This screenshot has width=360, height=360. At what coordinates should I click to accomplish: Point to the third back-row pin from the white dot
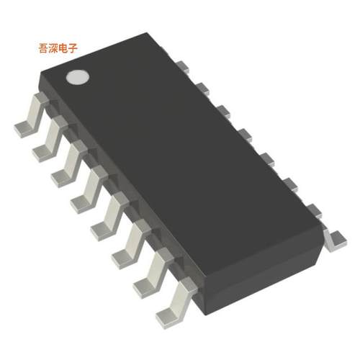[223, 110]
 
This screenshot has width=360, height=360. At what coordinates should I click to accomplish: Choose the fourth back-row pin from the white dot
[245, 133]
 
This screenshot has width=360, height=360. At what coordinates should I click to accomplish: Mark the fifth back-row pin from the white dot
[266, 156]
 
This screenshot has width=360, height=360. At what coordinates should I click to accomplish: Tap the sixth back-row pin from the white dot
[290, 183]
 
